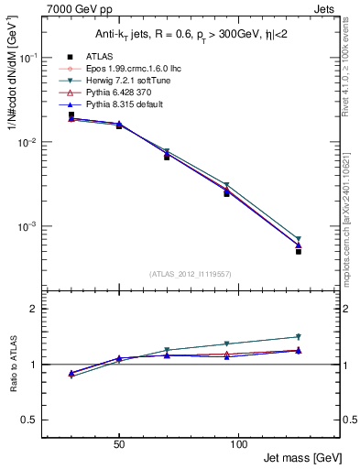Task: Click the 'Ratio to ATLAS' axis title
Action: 14,366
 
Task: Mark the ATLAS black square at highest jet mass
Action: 299,251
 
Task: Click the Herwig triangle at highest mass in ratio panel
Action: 299,337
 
